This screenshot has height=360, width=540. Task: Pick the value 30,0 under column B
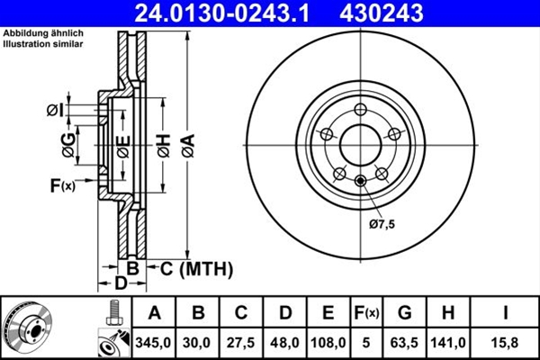click(198, 341)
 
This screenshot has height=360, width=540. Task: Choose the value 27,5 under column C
click(241, 341)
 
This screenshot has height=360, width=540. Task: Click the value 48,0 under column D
click(285, 341)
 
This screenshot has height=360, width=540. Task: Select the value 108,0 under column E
click(328, 341)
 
